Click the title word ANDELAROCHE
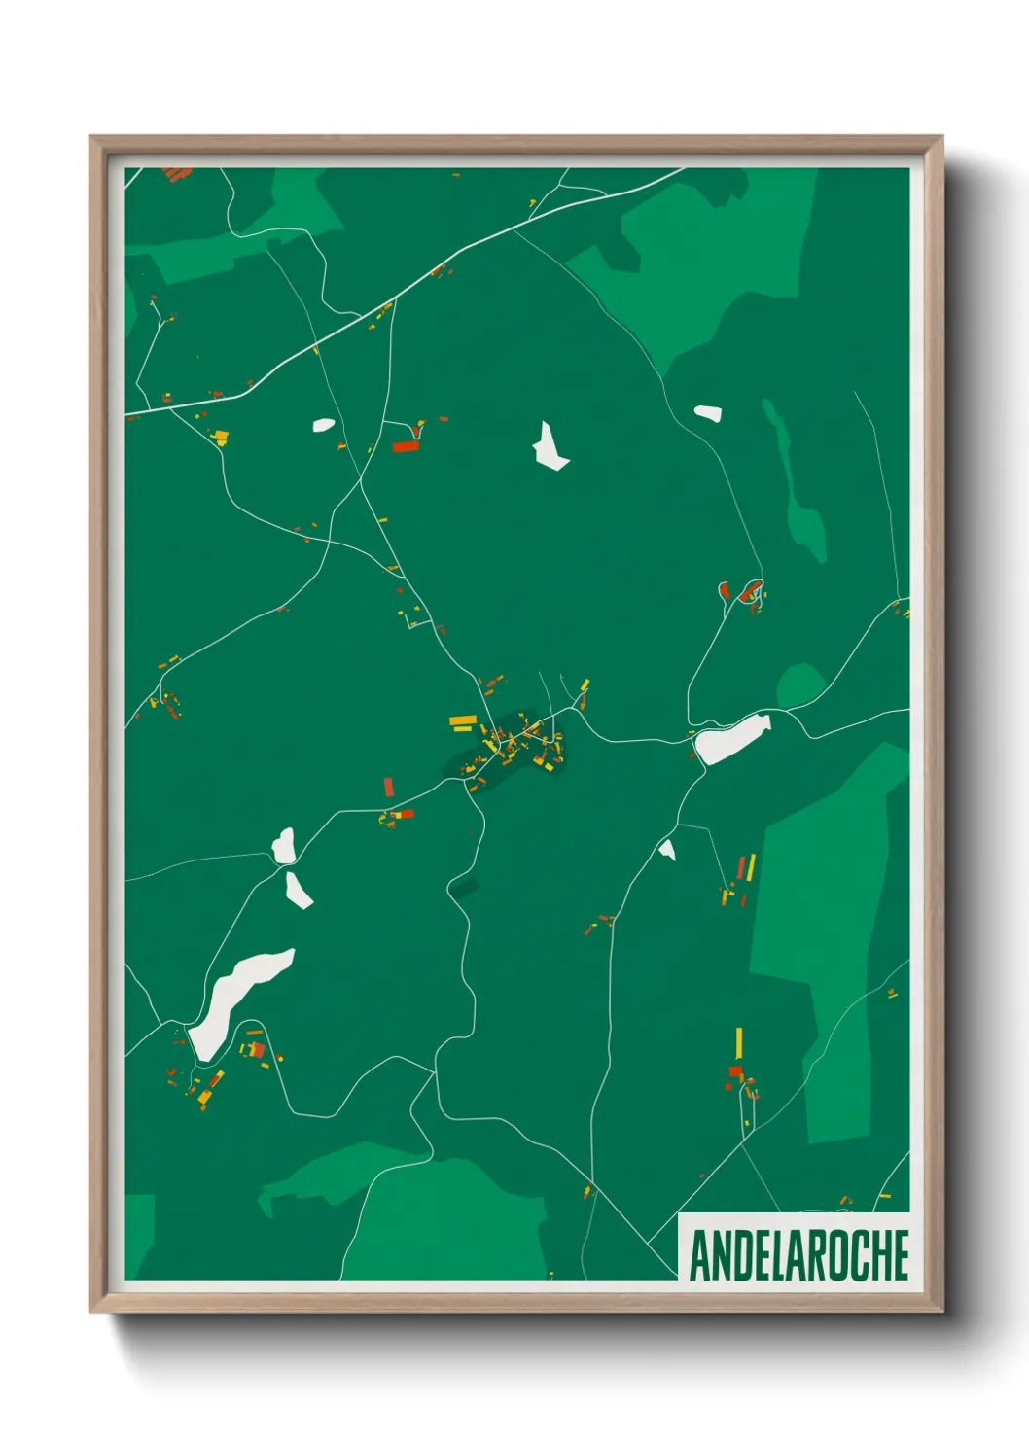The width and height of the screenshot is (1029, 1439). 798,1255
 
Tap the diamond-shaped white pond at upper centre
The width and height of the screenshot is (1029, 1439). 549,447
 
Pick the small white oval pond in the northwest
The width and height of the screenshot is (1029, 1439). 323,425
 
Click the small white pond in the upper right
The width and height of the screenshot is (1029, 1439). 707,413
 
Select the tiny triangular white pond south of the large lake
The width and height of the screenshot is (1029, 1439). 667,851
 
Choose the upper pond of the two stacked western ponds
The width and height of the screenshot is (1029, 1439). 283,846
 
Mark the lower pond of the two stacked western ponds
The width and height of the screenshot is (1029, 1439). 298,890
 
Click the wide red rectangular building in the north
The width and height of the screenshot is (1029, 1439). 405,447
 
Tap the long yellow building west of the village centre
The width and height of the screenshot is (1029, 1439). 463,720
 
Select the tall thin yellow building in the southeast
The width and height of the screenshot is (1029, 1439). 739,1042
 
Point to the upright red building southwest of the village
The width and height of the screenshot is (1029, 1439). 389,787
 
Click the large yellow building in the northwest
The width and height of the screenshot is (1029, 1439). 220,436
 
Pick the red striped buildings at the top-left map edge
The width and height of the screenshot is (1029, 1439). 177,174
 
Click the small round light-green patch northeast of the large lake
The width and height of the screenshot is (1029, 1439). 801,684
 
